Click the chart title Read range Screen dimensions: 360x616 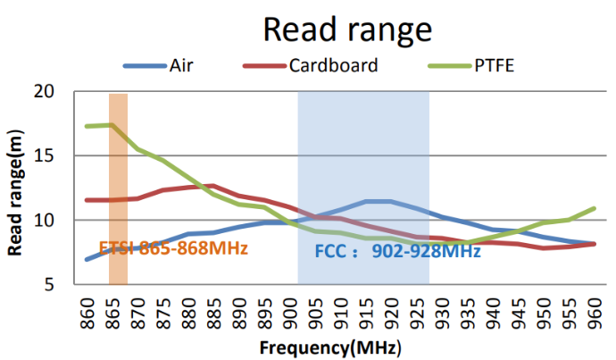[347, 29]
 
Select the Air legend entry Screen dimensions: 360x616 [184, 65]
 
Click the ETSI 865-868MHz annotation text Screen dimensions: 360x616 [173, 247]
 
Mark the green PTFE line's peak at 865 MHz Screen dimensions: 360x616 [112, 124]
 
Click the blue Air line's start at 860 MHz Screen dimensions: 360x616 [87, 259]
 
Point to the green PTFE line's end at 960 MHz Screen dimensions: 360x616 [595, 208]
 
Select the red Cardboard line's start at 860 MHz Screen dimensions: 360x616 [87, 199]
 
